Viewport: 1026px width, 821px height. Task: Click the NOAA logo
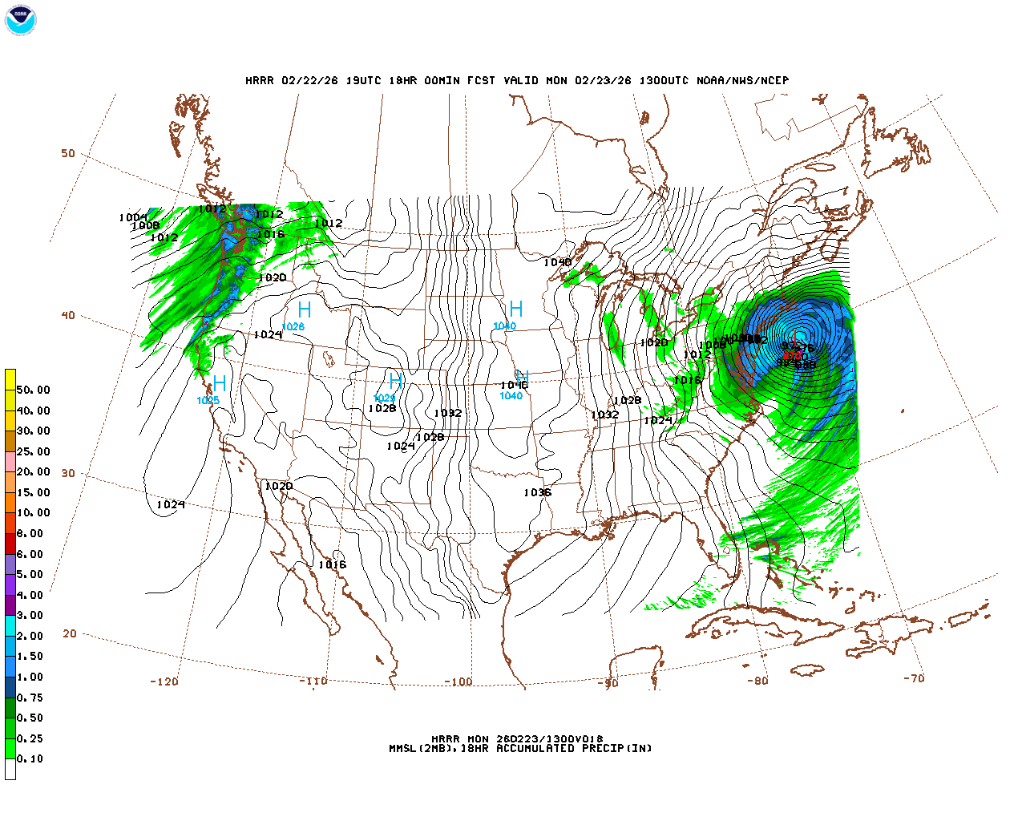[20, 20]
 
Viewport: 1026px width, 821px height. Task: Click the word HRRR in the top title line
[259, 81]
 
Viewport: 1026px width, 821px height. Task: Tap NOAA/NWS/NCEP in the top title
[742, 81]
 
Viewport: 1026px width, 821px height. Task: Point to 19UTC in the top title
[363, 81]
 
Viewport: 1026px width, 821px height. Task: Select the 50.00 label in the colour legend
[33, 390]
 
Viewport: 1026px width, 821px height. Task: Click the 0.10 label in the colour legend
[30, 758]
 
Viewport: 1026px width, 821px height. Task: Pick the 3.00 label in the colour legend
[30, 616]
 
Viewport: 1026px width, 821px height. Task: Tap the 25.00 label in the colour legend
[33, 451]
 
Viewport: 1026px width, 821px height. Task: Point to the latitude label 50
[68, 154]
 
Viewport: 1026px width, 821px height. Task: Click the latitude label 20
[70, 633]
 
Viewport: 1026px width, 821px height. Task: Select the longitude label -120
[164, 681]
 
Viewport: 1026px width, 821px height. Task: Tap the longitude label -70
[914, 678]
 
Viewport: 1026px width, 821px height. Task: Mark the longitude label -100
[458, 682]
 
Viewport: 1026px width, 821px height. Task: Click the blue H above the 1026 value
[304, 309]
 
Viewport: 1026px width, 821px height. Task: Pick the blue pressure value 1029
[385, 398]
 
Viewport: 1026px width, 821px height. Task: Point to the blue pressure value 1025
[208, 400]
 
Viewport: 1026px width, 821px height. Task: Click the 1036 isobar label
[537, 492]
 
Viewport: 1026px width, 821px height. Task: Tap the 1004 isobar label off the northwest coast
[132, 218]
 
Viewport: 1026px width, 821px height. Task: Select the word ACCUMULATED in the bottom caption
[535, 749]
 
